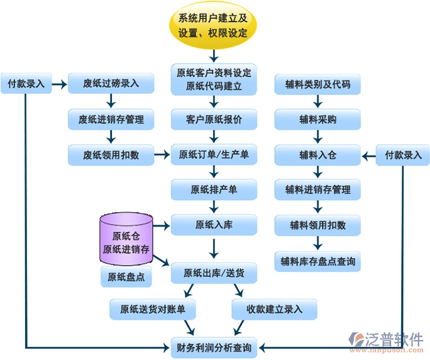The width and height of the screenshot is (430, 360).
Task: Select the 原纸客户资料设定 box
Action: click(214, 79)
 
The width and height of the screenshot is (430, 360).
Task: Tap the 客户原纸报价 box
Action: click(214, 118)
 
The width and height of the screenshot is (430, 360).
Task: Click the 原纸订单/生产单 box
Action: click(214, 154)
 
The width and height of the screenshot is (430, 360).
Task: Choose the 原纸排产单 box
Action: click(214, 189)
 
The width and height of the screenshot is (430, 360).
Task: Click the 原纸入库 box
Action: click(214, 224)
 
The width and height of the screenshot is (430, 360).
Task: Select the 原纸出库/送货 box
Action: click(214, 273)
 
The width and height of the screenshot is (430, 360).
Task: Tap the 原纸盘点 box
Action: click(126, 276)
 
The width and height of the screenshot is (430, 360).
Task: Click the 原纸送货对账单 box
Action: click(153, 309)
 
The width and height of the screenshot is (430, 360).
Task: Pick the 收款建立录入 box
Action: click(274, 309)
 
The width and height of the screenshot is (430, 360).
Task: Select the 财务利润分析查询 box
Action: click(214, 347)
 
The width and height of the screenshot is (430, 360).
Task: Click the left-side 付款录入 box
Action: click(26, 83)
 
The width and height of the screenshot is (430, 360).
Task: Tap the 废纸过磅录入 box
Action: click(111, 83)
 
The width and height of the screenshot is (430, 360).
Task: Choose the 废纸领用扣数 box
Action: click(111, 154)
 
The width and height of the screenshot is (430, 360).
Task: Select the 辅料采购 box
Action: click(317, 118)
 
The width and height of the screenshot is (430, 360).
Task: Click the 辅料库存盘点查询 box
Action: click(317, 261)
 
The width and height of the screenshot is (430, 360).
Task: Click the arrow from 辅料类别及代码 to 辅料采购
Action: click(317, 101)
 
